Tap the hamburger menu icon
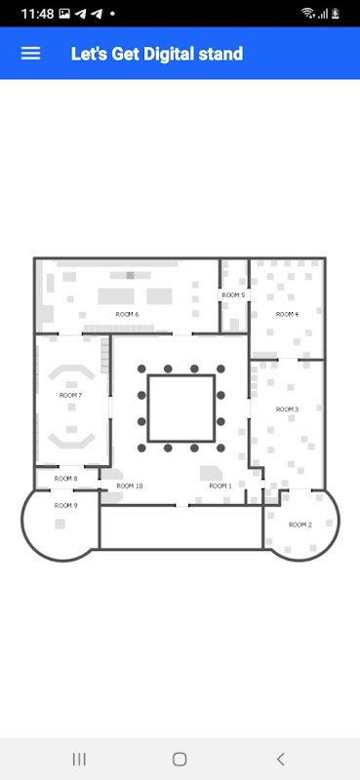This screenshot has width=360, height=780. pyautogui.click(x=30, y=54)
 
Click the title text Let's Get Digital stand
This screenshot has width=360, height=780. pyautogui.click(x=157, y=54)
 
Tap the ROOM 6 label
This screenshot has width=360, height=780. pyautogui.click(x=127, y=314)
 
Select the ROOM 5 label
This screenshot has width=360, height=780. pyautogui.click(x=233, y=295)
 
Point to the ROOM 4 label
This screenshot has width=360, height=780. pyautogui.click(x=287, y=314)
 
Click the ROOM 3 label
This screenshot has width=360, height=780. pyautogui.click(x=287, y=409)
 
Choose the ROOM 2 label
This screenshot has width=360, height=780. pyautogui.click(x=300, y=525)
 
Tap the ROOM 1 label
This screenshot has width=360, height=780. pyautogui.click(x=220, y=486)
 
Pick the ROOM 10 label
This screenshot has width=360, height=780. pyautogui.click(x=130, y=486)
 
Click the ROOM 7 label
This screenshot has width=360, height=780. pyautogui.click(x=70, y=396)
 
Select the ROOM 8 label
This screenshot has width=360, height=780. pyautogui.click(x=65, y=479)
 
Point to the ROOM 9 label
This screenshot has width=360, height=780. pyautogui.click(x=65, y=506)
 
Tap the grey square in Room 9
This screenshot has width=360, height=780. pyautogui.click(x=60, y=524)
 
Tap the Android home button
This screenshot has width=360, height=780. pyautogui.click(x=180, y=760)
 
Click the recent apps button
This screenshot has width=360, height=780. pyautogui.click(x=79, y=760)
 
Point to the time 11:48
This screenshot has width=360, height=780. pyautogui.click(x=37, y=14)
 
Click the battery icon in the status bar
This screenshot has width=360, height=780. pyautogui.click(x=336, y=14)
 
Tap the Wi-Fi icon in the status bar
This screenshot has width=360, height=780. pyautogui.click(x=308, y=14)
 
